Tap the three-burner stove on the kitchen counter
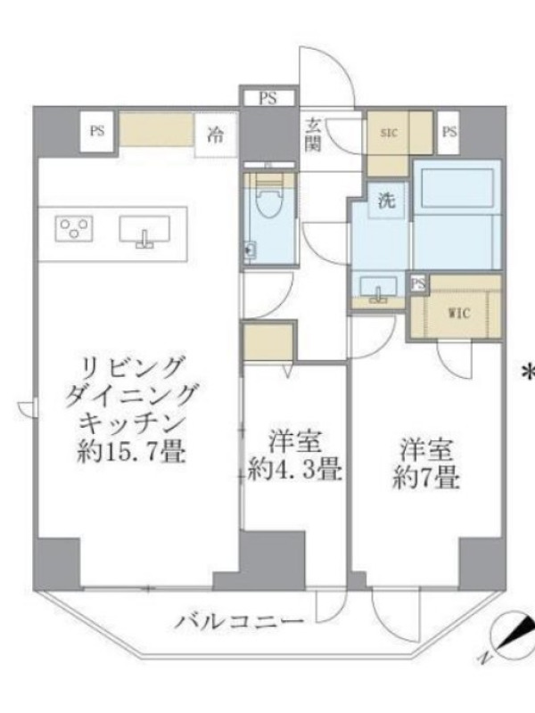click(74, 229)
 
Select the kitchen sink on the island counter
click(144, 230)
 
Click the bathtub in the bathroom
click(457, 188)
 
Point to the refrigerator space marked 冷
click(216, 135)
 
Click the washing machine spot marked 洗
click(387, 201)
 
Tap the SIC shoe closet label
click(389, 133)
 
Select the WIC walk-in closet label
click(459, 314)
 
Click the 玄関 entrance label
click(313, 135)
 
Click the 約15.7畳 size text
click(131, 452)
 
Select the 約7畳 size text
click(426, 478)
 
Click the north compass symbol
click(511, 635)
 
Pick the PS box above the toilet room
click(268, 98)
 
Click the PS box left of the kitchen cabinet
click(96, 131)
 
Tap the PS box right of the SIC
click(449, 132)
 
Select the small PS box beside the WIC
click(418, 283)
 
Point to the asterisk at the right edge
click(529, 372)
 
